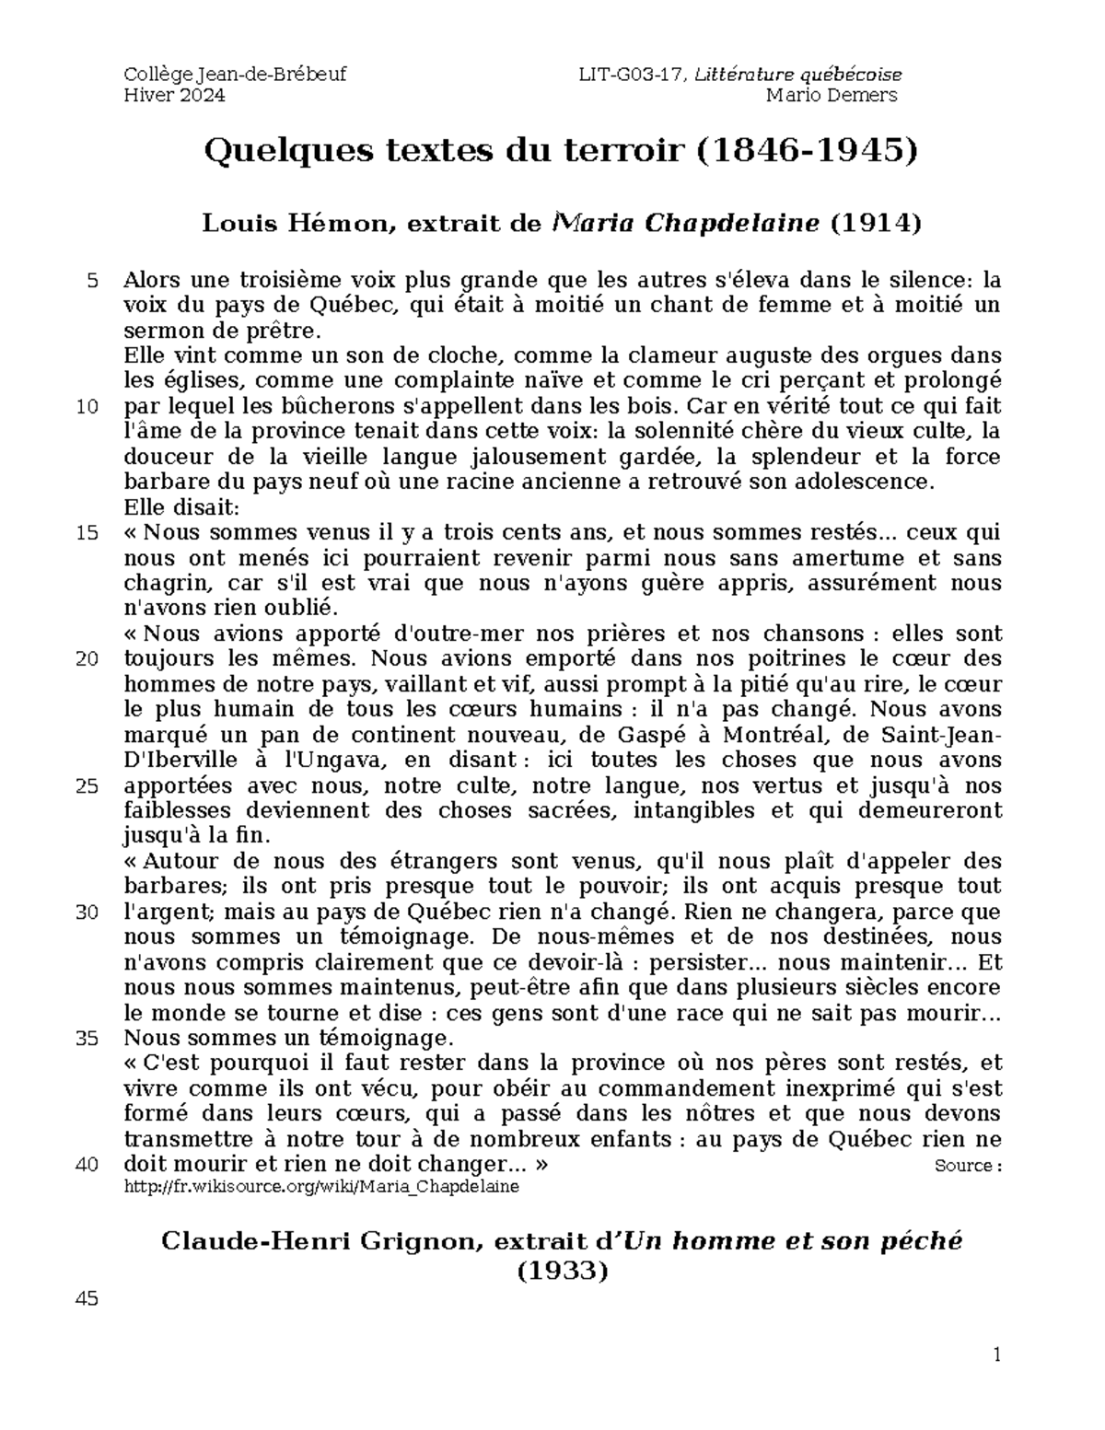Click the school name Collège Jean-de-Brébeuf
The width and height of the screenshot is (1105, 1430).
coord(235,75)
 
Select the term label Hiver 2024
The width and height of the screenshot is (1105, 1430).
coord(174,96)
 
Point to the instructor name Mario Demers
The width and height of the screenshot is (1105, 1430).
coord(832,96)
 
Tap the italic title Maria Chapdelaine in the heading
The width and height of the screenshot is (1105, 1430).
coord(685,224)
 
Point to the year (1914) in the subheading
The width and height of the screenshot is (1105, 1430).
coord(875,224)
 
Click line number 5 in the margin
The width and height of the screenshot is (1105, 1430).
coord(91,281)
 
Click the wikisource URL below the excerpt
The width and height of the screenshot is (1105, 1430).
coord(321,1186)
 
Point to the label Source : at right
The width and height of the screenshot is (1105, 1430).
coord(967,1166)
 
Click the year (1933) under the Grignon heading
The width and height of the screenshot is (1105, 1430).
coord(562,1271)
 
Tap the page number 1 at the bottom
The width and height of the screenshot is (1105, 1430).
coord(995,1354)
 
